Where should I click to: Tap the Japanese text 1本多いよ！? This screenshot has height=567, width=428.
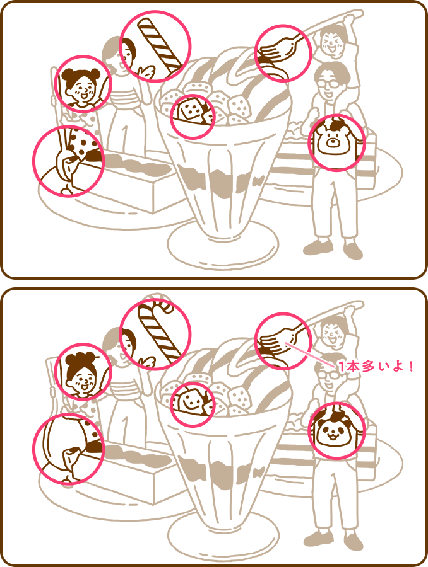[x=376, y=367]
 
